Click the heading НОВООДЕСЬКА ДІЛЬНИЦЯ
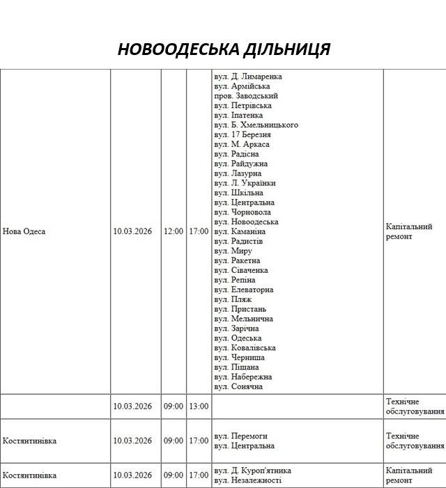pyautogui.click(x=223, y=49)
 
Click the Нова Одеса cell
pyautogui.click(x=24, y=231)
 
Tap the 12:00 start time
pyautogui.click(x=174, y=231)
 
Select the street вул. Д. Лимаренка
pyautogui.click(x=248, y=76)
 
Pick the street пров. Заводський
pyautogui.click(x=246, y=95)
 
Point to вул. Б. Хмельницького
pyautogui.click(x=256, y=125)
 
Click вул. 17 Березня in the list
pyautogui.click(x=243, y=134)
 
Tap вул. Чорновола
pyautogui.click(x=243, y=212)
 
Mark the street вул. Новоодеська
pyautogui.click(x=246, y=221)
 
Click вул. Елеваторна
pyautogui.click(x=243, y=290)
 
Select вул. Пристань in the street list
pyautogui.click(x=240, y=309)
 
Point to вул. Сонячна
pyautogui.click(x=238, y=387)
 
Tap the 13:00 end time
pyautogui.click(x=199, y=407)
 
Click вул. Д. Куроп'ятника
pyautogui.click(x=252, y=471)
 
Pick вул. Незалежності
pyautogui.click(x=247, y=480)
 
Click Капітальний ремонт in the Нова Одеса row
pyautogui.click(x=409, y=231)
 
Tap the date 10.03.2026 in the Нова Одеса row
pyautogui.click(x=132, y=231)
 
